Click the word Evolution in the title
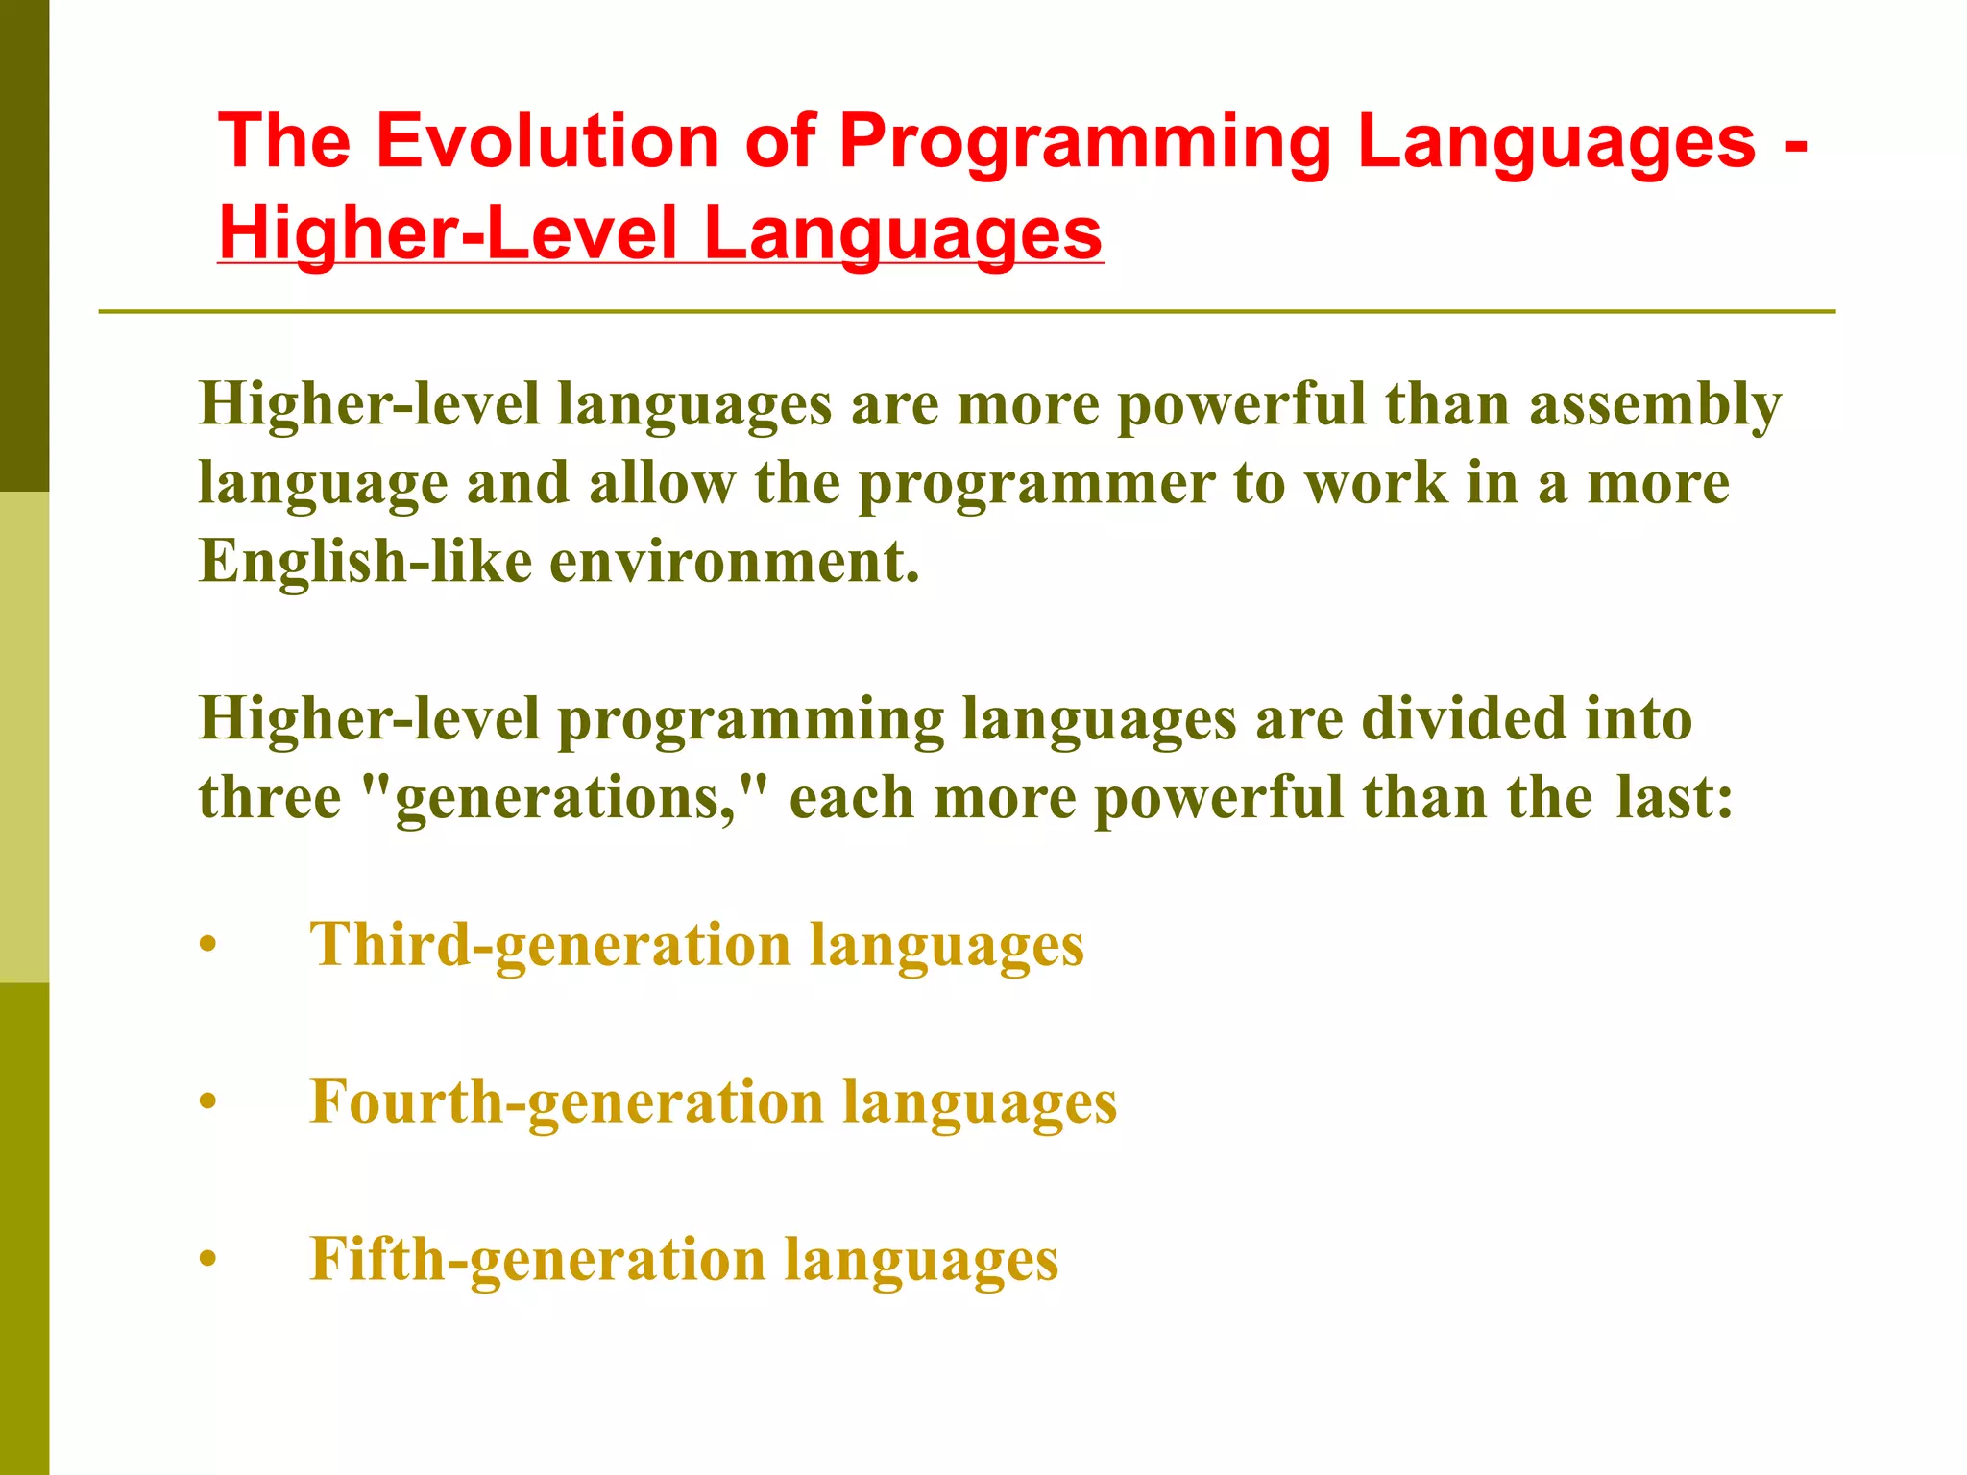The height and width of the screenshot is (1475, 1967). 546,141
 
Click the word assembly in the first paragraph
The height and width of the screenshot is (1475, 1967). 1655,405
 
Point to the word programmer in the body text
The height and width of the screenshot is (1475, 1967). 1036,483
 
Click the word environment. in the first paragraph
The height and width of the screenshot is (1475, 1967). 735,561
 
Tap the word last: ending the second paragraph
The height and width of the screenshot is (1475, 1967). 1674,798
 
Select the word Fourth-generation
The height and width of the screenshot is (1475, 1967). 567,1102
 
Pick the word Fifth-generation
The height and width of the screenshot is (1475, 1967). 538,1260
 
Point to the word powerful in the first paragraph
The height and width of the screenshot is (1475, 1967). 1241,404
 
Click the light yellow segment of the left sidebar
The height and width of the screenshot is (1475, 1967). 24,737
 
